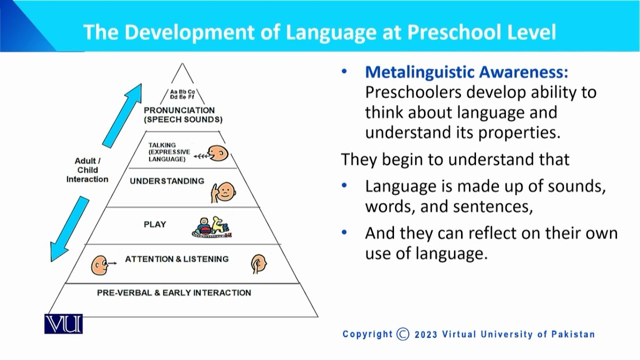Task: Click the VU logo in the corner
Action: (x=63, y=324)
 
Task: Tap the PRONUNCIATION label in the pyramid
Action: (x=179, y=110)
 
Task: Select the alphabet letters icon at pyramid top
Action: (x=182, y=94)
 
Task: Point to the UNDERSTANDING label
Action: (x=167, y=181)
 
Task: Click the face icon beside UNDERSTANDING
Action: (x=223, y=190)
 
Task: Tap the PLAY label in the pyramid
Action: (x=155, y=224)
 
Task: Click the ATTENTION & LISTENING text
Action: (x=176, y=259)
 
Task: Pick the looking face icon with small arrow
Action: (x=100, y=264)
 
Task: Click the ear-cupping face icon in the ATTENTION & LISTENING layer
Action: (x=258, y=263)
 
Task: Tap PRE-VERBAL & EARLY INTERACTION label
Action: (x=174, y=292)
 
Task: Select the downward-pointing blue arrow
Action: (x=69, y=229)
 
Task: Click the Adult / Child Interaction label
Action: (x=87, y=170)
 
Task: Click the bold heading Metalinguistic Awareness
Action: (x=466, y=72)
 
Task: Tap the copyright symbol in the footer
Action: (x=402, y=334)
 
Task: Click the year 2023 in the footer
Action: (x=425, y=334)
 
